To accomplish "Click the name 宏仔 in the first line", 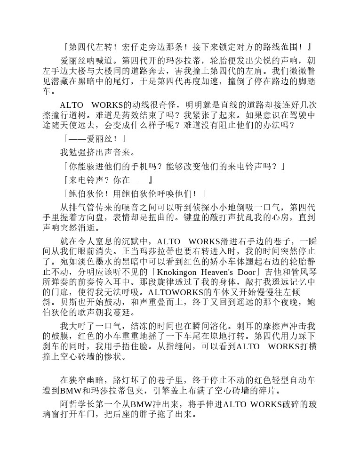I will coord(130,47).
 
